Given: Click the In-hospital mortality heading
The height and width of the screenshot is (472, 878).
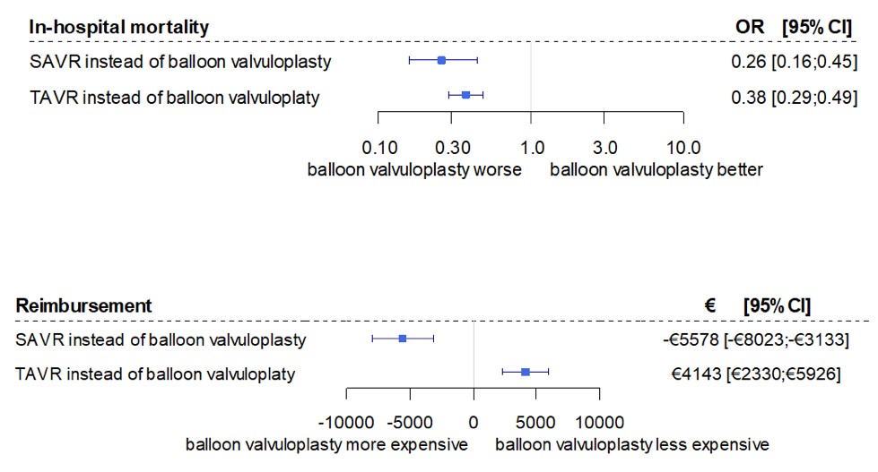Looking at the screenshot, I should [x=118, y=27].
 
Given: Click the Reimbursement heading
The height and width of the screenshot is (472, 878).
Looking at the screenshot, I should [x=84, y=305].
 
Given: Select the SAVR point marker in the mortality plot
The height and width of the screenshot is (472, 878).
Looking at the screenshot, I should [x=441, y=60].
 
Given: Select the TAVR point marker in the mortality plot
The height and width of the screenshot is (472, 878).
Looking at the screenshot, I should [x=465, y=94].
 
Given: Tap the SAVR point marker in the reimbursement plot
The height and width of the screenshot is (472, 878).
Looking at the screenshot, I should [x=403, y=338].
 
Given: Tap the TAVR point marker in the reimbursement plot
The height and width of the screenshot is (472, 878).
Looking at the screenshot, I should [x=526, y=372].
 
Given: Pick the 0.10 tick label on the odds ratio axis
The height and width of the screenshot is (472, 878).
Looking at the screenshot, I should [x=378, y=147].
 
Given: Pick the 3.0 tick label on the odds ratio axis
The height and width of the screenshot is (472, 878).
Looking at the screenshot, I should [x=604, y=147].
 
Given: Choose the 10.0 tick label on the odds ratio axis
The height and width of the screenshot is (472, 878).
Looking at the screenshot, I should [x=683, y=147].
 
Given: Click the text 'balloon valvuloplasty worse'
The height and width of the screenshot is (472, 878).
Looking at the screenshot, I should [x=414, y=170].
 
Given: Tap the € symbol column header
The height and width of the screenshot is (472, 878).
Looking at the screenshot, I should [x=709, y=305].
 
